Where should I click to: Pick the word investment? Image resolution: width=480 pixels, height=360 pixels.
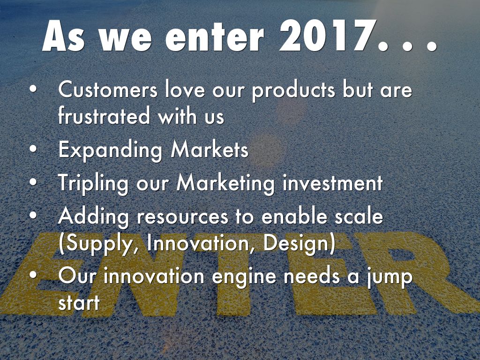coord(332,183)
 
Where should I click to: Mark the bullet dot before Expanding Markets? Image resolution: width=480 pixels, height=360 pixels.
coord(32,150)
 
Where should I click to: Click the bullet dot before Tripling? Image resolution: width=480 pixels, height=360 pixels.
coord(32,183)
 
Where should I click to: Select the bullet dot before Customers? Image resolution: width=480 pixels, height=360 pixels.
coord(32,90)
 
